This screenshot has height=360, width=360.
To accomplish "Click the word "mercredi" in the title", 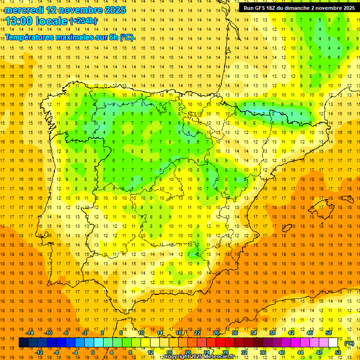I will click(24, 9).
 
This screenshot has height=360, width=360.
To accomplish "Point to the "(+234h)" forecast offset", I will click(83, 21).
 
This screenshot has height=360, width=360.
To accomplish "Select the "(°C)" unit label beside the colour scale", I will click(349, 343).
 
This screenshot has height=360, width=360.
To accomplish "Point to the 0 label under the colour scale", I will click(93, 352).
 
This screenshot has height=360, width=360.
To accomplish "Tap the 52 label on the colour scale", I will click(338, 352).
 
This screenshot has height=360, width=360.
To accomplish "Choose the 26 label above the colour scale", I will click(216, 333).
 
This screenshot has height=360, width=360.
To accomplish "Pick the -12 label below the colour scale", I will click(39, 352).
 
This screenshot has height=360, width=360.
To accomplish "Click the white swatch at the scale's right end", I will click(333, 343).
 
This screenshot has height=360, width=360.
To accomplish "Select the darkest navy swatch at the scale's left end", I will click(23, 343).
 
